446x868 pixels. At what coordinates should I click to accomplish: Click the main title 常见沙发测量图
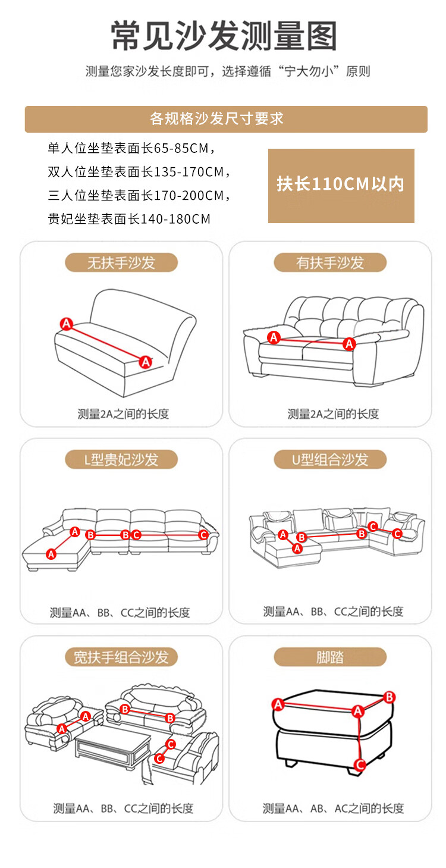(x=224, y=36)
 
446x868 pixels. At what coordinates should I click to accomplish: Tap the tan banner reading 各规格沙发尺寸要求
(x=226, y=119)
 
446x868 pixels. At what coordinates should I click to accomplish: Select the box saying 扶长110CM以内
(x=341, y=186)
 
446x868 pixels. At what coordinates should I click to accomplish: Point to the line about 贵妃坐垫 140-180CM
(x=129, y=219)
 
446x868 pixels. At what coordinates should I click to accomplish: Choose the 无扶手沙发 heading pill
(x=121, y=263)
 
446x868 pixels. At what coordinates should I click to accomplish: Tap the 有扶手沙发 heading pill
(x=330, y=263)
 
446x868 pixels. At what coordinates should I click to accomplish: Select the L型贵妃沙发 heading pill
(x=121, y=459)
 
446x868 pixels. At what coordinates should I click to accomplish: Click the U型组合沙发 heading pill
(x=330, y=459)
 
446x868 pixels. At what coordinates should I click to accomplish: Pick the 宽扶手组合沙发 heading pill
(x=121, y=657)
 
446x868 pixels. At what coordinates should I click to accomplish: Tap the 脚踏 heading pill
(x=330, y=657)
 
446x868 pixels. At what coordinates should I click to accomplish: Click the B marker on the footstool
(x=390, y=697)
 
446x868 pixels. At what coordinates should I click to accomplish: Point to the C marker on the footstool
(x=360, y=764)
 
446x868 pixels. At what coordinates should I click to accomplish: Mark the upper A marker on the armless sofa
(x=67, y=324)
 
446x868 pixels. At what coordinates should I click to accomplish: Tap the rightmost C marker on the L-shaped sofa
(x=203, y=535)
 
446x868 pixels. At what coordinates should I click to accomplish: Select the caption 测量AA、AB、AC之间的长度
(x=333, y=809)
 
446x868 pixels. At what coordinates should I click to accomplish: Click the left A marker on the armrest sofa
(x=274, y=337)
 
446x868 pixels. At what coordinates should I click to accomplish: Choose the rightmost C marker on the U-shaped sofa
(x=397, y=534)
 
